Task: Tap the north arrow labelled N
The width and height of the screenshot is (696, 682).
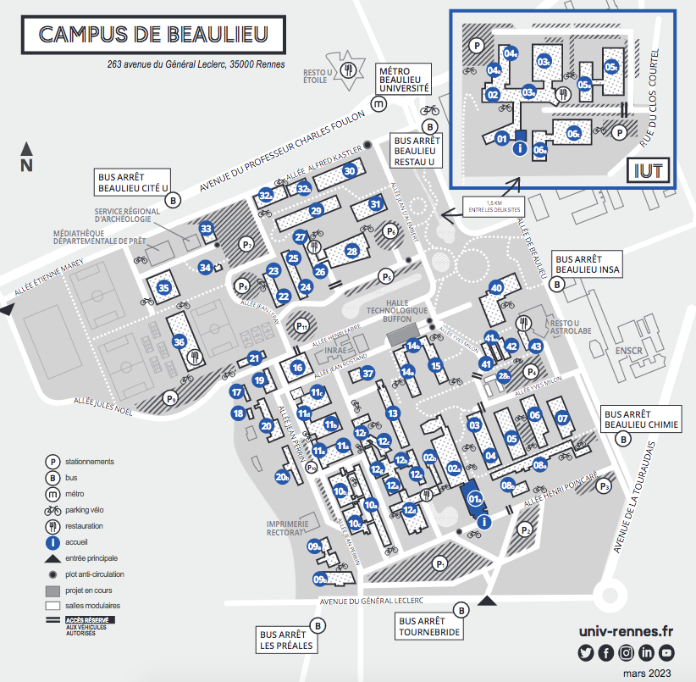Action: coord(26,158)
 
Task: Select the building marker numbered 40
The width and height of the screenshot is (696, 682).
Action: coord(497,288)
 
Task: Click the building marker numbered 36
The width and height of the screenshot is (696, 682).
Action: coord(179,341)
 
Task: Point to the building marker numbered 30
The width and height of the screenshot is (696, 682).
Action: coord(349,170)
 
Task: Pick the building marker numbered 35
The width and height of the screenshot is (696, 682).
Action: coord(164,287)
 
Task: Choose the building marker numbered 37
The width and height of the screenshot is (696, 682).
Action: coord(367,374)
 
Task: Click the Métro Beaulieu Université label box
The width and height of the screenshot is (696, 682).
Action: coord(404,81)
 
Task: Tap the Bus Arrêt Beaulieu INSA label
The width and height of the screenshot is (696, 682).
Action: coord(587,263)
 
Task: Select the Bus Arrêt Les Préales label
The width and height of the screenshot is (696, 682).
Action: coord(286,640)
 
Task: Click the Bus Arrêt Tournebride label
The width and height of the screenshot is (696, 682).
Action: coord(430,626)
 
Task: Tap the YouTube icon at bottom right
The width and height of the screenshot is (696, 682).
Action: coord(666,652)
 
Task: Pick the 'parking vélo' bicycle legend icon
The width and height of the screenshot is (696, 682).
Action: coord(52,510)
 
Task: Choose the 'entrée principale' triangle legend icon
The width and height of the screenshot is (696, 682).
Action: coord(52,558)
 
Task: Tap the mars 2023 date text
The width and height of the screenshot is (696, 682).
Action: coord(646,673)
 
